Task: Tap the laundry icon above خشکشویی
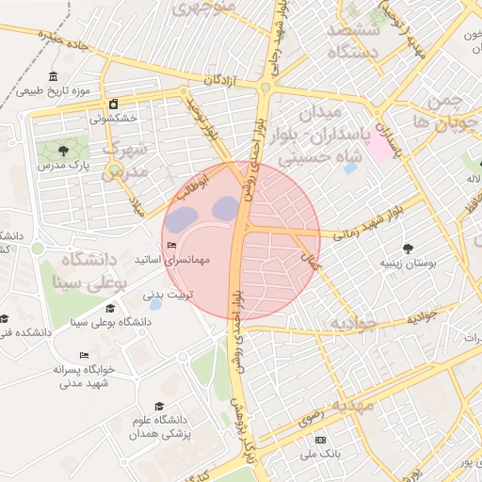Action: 113,104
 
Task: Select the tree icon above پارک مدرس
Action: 63,150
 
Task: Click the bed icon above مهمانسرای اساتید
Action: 171,246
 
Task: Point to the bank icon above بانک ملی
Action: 319,440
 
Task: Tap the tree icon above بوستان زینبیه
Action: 408,249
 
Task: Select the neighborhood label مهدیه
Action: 352,405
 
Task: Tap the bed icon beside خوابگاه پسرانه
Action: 84,356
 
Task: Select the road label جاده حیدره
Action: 62,40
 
